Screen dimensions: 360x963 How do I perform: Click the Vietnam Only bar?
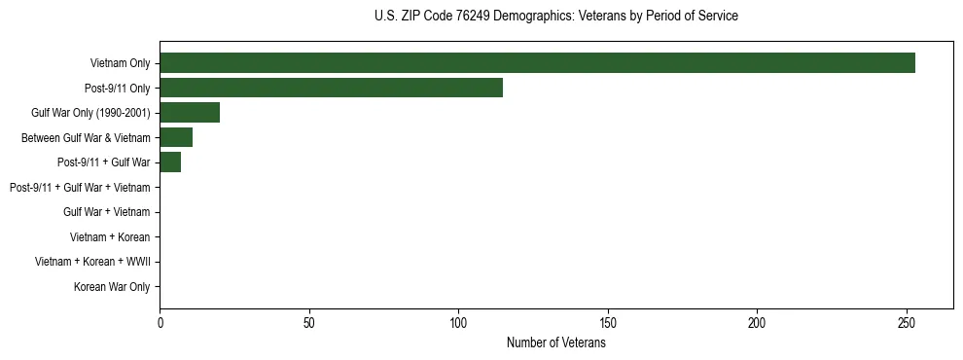click(x=537, y=63)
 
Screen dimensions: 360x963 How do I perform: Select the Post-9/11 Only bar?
click(x=331, y=88)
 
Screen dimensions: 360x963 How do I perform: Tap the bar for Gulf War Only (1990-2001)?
click(x=190, y=113)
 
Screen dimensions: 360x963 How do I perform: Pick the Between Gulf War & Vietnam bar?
click(x=176, y=137)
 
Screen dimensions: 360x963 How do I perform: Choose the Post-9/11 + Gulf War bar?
click(x=170, y=162)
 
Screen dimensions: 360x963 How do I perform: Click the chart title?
click(x=555, y=17)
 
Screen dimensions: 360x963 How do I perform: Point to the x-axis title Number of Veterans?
click(x=555, y=343)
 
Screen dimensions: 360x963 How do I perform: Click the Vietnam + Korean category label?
click(x=110, y=237)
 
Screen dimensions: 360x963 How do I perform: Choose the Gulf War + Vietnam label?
click(x=106, y=212)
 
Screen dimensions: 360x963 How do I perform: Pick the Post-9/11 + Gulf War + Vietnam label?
click(x=80, y=187)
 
